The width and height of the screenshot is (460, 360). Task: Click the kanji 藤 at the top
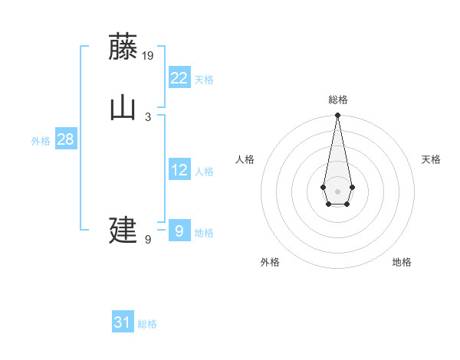click(x=123, y=47)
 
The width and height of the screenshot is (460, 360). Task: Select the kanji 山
click(x=123, y=107)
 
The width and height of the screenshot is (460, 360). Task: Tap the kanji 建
click(x=123, y=230)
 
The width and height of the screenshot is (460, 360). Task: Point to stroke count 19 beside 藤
click(x=149, y=55)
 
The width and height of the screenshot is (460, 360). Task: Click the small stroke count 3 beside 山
click(x=148, y=116)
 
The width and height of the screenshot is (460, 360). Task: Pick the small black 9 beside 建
click(x=148, y=240)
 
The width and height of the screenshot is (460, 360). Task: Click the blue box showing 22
click(x=179, y=77)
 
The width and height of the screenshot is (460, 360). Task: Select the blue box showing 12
click(x=179, y=170)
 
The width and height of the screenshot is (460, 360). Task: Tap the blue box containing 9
click(x=179, y=230)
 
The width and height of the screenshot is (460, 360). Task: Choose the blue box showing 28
click(x=65, y=139)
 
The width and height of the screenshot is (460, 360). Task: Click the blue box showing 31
click(x=123, y=322)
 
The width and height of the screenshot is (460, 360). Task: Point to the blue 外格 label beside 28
click(x=41, y=141)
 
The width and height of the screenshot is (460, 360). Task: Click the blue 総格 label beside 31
click(x=147, y=324)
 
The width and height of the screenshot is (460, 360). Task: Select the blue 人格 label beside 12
click(x=204, y=172)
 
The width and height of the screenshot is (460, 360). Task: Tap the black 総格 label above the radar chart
click(x=337, y=100)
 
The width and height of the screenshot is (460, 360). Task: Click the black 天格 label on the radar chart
click(x=431, y=159)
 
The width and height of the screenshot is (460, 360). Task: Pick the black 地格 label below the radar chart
click(x=402, y=262)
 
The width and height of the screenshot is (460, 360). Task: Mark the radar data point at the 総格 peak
click(x=337, y=116)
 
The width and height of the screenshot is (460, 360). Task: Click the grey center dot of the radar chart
click(x=337, y=190)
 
